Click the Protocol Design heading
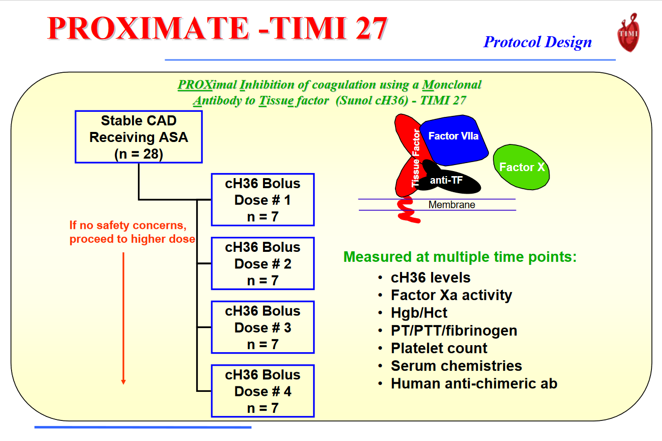(538, 42)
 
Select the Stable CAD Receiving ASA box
(139, 137)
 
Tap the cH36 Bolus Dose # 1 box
(262, 200)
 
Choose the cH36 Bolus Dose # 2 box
(262, 263)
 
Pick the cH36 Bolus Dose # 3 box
(262, 327)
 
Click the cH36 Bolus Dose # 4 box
(262, 391)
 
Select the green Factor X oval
(521, 167)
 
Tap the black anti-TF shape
(449, 181)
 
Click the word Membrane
(451, 205)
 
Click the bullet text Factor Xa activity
(451, 295)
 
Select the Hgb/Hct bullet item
(419, 313)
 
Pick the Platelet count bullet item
(439, 348)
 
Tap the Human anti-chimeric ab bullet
(474, 384)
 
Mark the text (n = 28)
(139, 154)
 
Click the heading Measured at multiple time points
(460, 257)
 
